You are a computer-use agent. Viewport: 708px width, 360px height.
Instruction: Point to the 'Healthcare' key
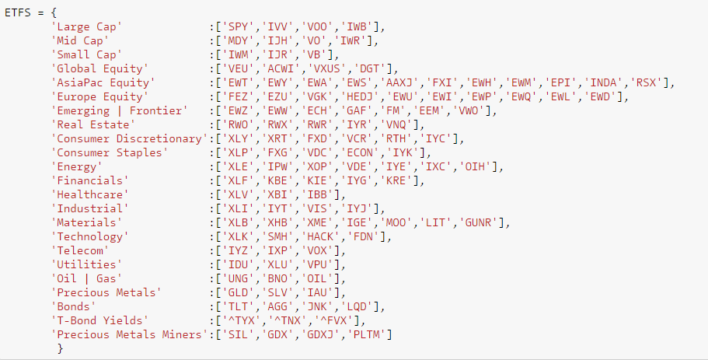pos(89,194)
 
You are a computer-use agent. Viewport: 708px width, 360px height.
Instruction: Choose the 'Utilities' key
pos(85,264)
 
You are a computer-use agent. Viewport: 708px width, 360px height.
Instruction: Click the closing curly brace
pos(61,348)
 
